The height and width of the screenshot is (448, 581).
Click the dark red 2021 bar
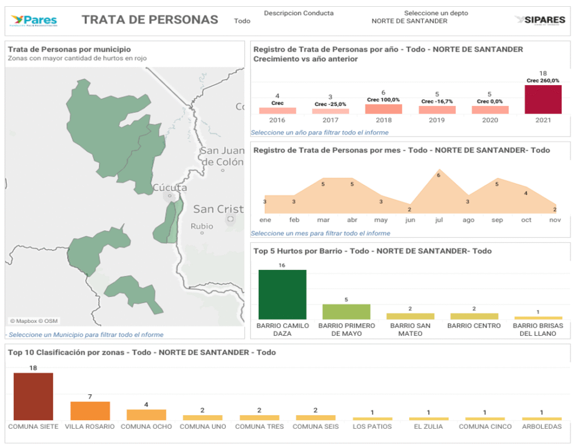click(542, 99)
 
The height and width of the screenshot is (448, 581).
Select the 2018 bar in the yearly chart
click(384, 109)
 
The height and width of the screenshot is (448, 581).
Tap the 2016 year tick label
click(277, 120)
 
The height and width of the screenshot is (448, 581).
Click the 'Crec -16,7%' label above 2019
click(437, 102)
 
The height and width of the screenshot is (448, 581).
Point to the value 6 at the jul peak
click(439, 175)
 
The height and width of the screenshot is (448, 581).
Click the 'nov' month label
click(555, 219)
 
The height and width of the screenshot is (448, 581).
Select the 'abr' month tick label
click(352, 219)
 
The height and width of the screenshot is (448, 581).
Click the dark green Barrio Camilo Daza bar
click(283, 294)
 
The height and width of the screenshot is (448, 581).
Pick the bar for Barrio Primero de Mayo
click(346, 311)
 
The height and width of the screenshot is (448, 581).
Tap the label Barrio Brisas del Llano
click(538, 329)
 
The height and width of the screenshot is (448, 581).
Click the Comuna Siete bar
click(33, 396)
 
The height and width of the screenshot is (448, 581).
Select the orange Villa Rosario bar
click(90, 411)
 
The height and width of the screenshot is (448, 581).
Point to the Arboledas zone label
click(542, 426)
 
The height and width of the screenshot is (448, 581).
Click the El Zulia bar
click(428, 419)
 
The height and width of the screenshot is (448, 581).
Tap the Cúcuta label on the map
click(170, 188)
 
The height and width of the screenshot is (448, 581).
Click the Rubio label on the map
click(202, 226)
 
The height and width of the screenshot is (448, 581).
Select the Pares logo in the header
click(34, 21)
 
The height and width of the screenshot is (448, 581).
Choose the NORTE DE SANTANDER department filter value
click(409, 21)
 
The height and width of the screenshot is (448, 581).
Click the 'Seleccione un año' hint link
click(319, 132)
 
